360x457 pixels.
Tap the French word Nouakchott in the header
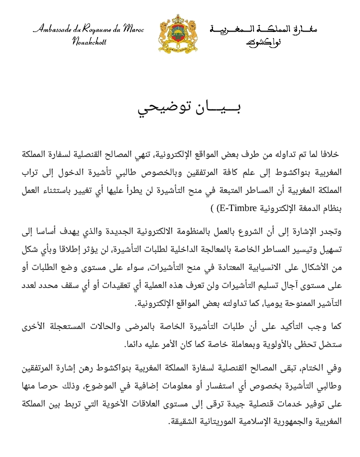point(89,41)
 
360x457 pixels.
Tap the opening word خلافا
point(327,152)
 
